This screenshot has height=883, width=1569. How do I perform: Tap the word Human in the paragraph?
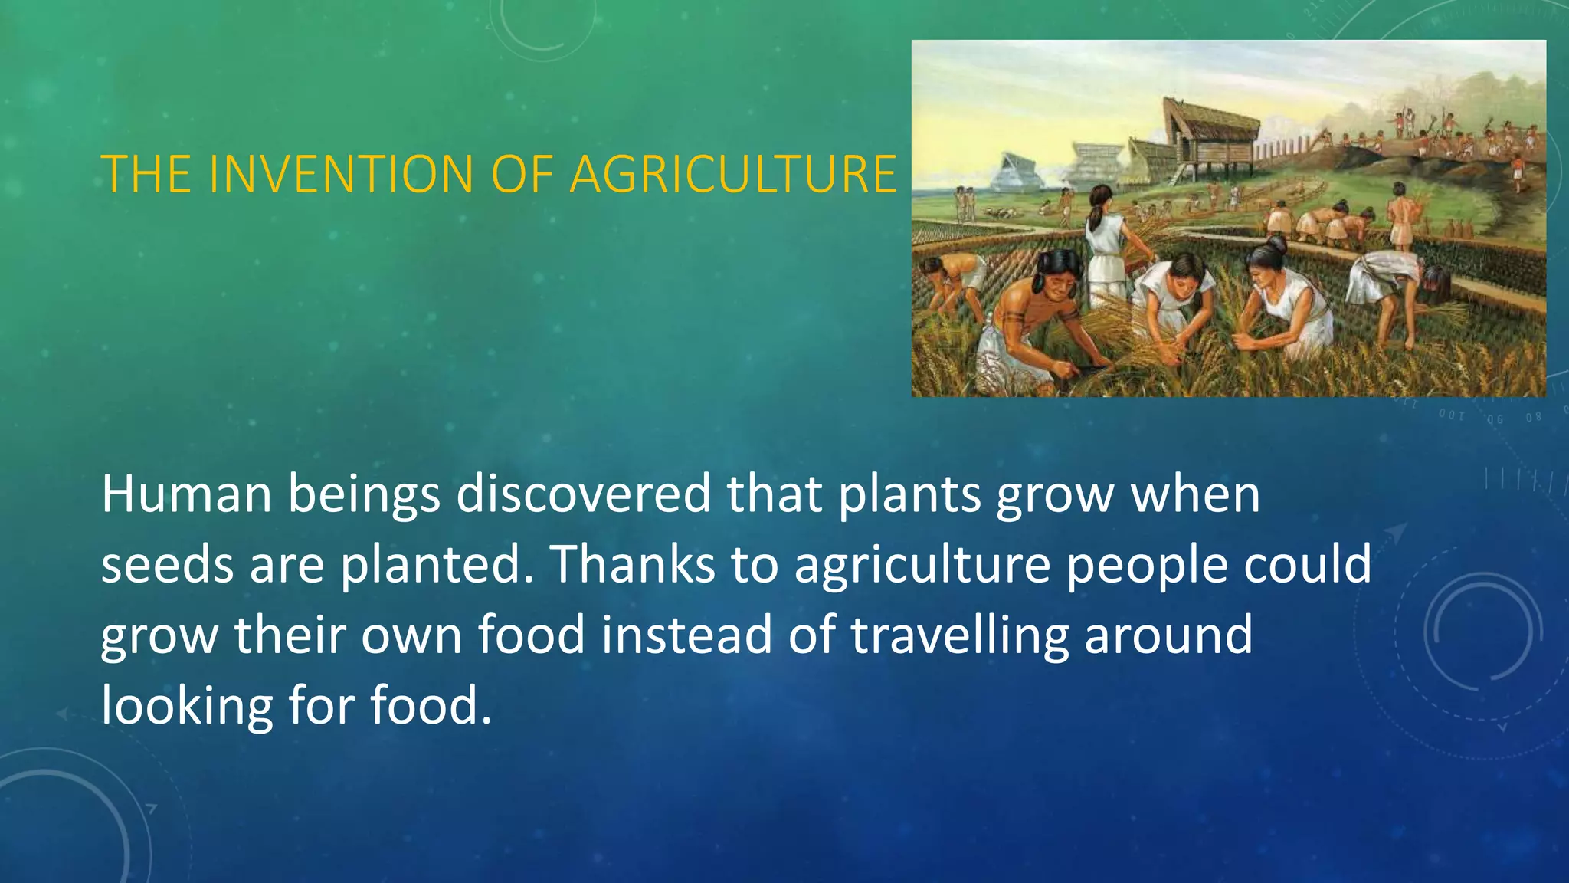pyautogui.click(x=186, y=494)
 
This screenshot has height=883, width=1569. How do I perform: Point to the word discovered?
pyautogui.click(x=583, y=494)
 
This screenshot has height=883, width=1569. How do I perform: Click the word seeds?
pyautogui.click(x=167, y=565)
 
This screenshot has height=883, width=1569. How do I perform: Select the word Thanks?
pyautogui.click(x=631, y=565)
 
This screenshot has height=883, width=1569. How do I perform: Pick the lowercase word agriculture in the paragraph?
pyautogui.click(x=922, y=565)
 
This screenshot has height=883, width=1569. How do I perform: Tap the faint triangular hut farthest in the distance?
pyautogui.click(x=1011, y=172)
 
